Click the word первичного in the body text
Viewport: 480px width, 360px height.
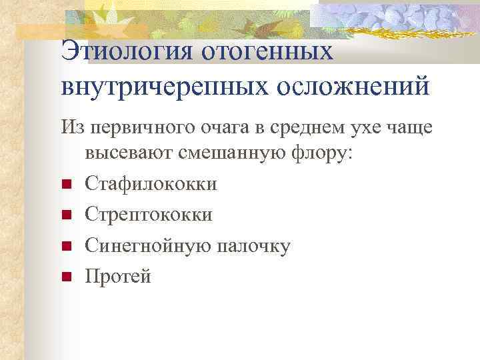(x=137, y=126)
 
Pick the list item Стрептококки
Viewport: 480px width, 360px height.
(x=149, y=215)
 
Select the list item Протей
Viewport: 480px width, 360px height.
(x=118, y=276)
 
